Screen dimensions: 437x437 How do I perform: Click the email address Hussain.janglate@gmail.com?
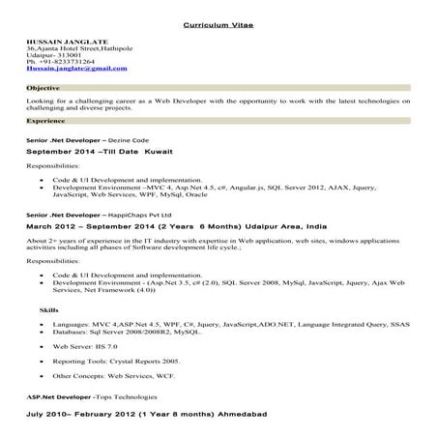(x=76, y=69)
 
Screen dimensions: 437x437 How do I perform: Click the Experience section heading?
(x=46, y=122)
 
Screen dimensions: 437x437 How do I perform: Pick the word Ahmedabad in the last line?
(x=226, y=413)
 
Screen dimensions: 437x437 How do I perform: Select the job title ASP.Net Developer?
(x=58, y=397)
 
